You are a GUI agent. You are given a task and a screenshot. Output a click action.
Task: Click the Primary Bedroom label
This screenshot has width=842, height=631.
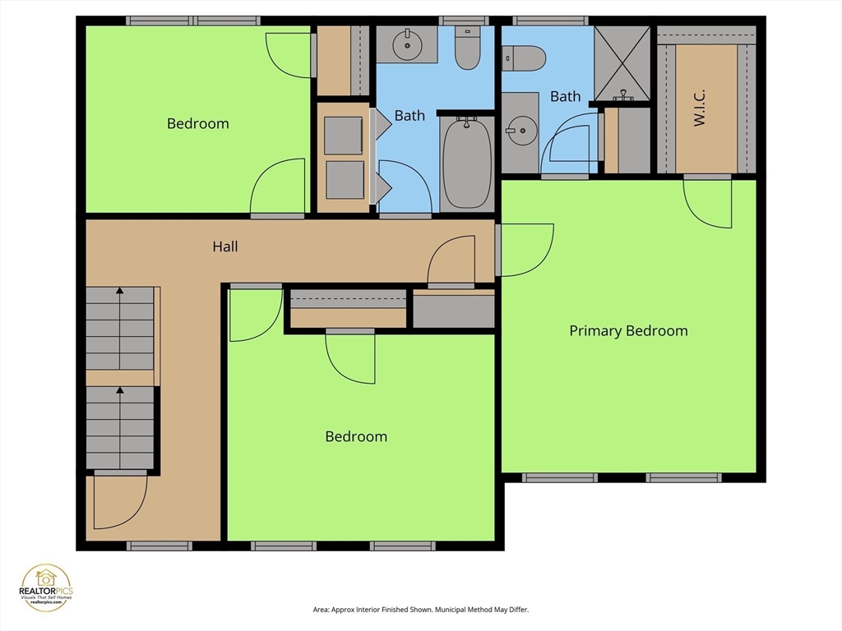point(628,331)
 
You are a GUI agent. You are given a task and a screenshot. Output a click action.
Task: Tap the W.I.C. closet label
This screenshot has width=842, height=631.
point(701,108)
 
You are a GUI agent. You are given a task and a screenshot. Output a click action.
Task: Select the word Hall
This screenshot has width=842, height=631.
point(225,246)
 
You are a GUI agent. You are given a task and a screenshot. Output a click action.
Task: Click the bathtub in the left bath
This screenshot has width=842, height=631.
point(467,162)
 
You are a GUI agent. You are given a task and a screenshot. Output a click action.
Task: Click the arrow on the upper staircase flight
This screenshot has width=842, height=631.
point(120,291)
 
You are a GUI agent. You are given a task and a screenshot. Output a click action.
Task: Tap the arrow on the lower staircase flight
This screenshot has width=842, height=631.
point(120,391)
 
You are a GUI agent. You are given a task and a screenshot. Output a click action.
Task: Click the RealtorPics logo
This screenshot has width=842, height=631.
point(46,587)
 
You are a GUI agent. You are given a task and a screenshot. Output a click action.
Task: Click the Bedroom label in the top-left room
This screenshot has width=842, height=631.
point(197,124)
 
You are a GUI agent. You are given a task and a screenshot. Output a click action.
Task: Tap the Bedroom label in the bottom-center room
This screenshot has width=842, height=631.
point(356,436)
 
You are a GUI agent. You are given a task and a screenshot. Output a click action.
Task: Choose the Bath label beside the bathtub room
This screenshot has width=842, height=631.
point(409,116)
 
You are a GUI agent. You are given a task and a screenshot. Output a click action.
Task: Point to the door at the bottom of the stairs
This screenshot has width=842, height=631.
point(120,501)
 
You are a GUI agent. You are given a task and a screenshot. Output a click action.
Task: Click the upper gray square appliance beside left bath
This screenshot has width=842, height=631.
point(343,136)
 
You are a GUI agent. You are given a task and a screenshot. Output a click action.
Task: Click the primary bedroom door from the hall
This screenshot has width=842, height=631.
point(525,250)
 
